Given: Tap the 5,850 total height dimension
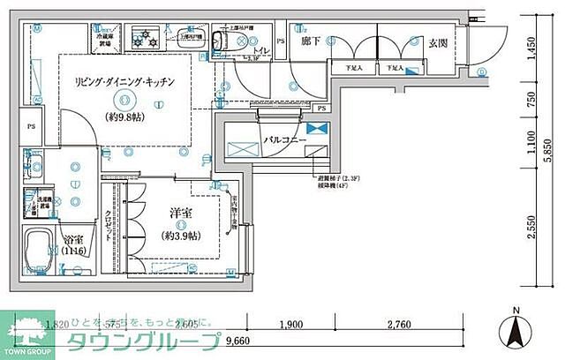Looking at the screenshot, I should pyautogui.click(x=548, y=145).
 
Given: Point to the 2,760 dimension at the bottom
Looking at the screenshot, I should pyautogui.click(x=400, y=325).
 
